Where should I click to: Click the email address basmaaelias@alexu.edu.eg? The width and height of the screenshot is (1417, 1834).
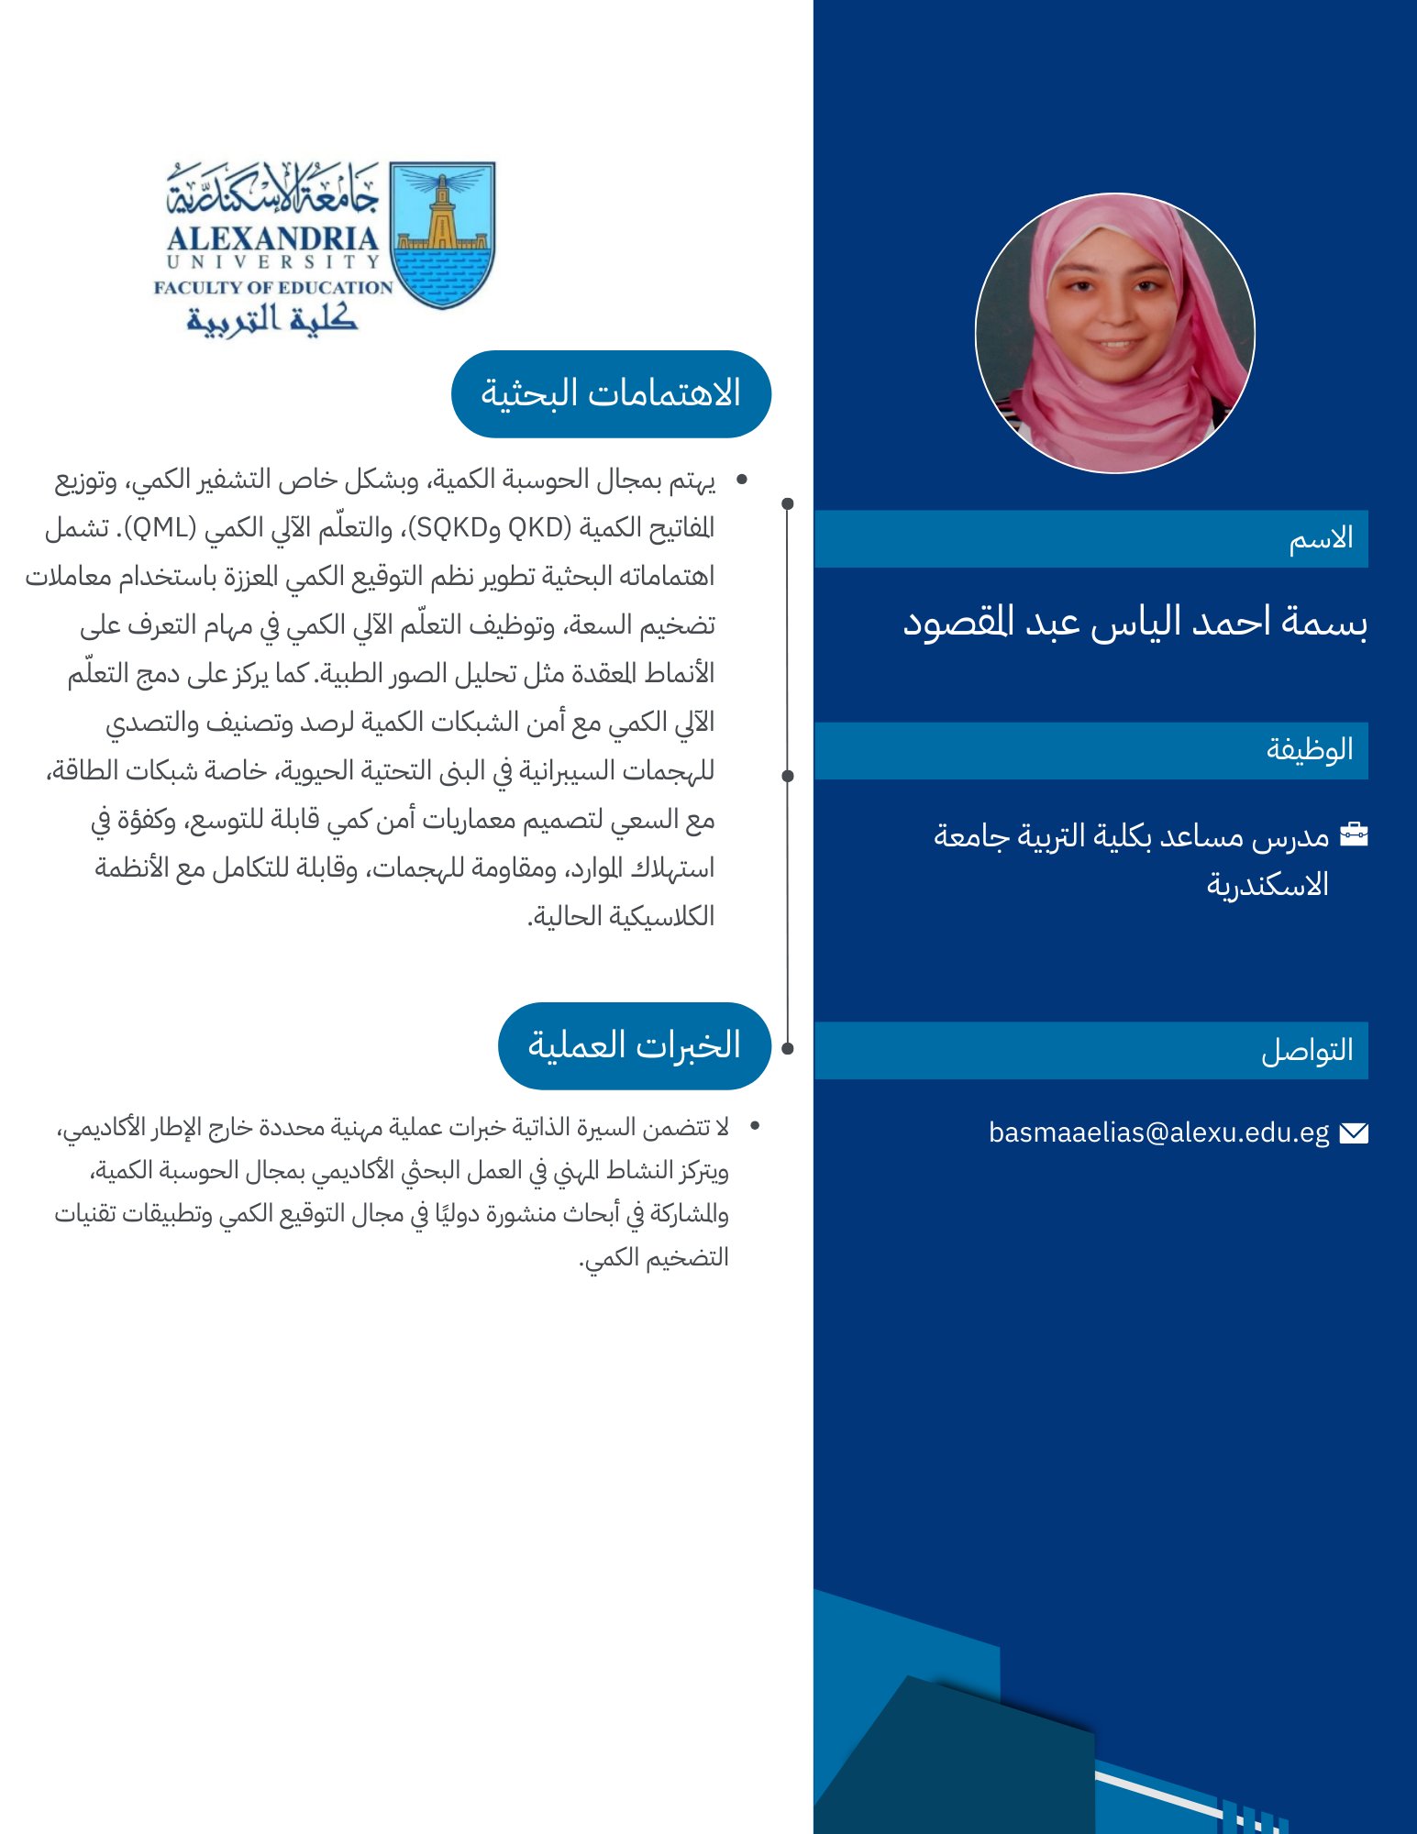click(1158, 1133)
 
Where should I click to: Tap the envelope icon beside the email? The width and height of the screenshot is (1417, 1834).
click(1354, 1133)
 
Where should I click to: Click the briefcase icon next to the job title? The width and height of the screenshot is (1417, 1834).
click(1354, 834)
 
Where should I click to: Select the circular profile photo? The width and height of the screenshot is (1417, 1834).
click(1115, 333)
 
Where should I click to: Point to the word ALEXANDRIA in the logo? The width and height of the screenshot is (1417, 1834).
click(272, 238)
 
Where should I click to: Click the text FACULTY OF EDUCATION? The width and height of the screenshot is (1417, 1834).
click(273, 288)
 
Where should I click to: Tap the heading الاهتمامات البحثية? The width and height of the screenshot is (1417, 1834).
click(611, 394)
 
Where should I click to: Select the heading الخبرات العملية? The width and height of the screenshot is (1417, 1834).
click(634, 1046)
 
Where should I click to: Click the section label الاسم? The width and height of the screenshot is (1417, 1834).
click(1321, 539)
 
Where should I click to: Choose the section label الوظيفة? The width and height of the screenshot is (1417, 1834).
click(1310, 750)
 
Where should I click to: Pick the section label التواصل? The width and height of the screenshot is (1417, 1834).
click(1307, 1051)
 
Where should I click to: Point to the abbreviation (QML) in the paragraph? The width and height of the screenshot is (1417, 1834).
click(161, 528)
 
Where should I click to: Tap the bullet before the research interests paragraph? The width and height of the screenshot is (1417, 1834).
click(742, 480)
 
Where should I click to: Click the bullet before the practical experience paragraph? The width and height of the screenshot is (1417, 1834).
click(755, 1125)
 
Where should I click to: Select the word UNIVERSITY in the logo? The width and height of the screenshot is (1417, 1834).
click(272, 262)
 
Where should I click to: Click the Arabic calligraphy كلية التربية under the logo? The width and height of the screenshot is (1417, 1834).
click(272, 318)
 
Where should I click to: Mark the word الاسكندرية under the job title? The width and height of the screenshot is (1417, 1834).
click(1268, 886)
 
